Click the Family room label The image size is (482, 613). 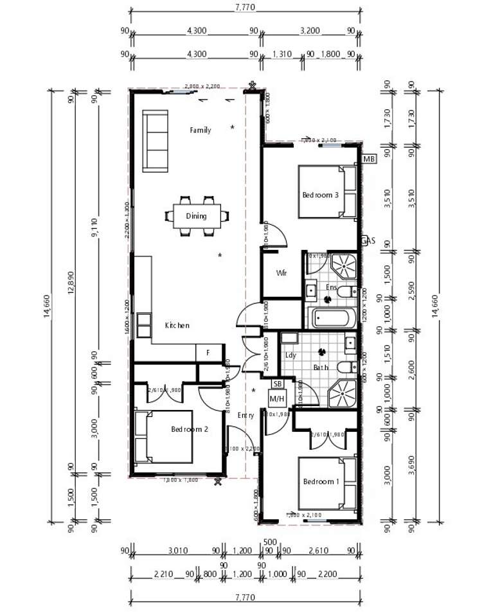click(x=200, y=130)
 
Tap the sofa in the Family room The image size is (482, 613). click(x=154, y=141)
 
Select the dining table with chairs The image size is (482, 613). click(x=197, y=216)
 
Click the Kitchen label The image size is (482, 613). click(x=177, y=326)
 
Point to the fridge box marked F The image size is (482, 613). click(x=208, y=353)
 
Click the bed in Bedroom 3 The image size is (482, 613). click(x=326, y=192)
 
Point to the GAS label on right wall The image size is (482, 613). click(x=368, y=241)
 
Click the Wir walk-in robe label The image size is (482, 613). click(x=281, y=273)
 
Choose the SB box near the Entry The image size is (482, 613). click(x=278, y=384)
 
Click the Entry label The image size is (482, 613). click(x=245, y=416)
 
